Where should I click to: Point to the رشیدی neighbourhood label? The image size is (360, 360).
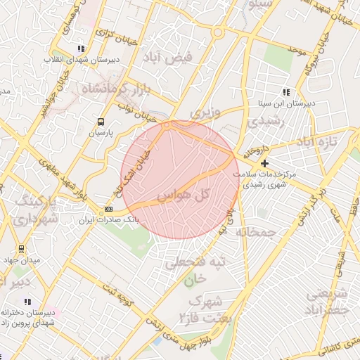point(264,121)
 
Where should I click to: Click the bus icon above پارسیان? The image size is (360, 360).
point(101,121)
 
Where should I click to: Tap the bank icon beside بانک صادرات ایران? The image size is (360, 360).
point(108,209)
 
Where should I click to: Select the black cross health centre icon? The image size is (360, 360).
point(264,163)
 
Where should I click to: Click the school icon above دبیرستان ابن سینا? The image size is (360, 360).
point(285,92)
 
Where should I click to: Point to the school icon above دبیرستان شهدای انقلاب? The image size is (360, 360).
point(82,49)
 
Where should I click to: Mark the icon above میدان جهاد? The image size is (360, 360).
point(21,249)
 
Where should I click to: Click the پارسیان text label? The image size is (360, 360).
point(101,131)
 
